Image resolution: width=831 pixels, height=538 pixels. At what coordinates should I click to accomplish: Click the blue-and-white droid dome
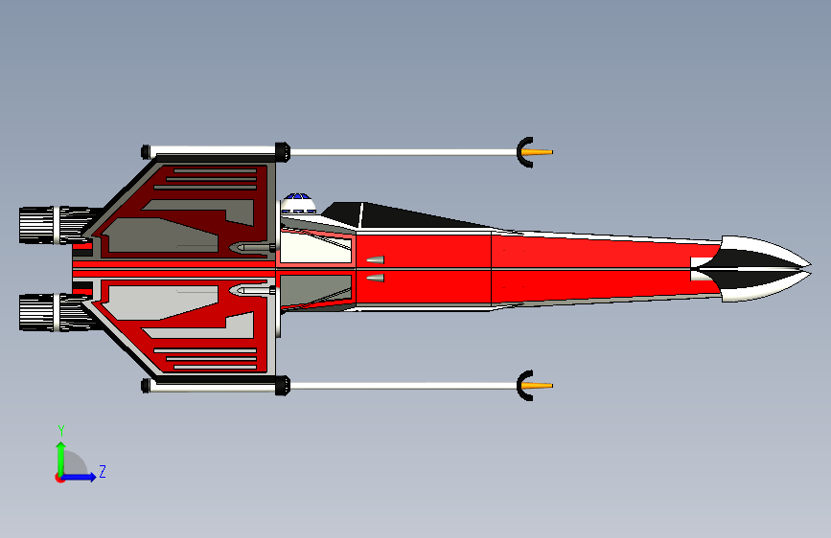(x=299, y=202)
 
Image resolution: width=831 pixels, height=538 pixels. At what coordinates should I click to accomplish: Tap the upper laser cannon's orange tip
(x=542, y=152)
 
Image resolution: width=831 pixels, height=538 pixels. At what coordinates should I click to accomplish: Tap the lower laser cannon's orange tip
(x=542, y=386)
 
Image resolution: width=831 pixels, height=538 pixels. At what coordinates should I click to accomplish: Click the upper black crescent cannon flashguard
(x=522, y=152)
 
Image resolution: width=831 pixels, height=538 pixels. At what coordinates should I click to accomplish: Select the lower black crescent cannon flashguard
(x=522, y=386)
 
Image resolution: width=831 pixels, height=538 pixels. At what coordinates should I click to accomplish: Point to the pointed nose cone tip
(x=808, y=267)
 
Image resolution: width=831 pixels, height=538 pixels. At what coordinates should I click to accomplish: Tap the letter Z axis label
(x=103, y=472)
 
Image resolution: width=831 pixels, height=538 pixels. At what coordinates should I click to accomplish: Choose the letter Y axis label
(x=61, y=431)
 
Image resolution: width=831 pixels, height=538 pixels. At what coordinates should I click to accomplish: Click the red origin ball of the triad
(x=60, y=477)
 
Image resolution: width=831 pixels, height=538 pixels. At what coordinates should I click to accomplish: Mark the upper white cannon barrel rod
(x=403, y=152)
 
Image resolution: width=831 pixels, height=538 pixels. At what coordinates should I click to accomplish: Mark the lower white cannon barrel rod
(x=403, y=386)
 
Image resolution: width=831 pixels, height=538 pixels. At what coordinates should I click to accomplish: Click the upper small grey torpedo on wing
(x=251, y=248)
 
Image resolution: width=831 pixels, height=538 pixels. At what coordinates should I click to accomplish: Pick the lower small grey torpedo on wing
(x=251, y=289)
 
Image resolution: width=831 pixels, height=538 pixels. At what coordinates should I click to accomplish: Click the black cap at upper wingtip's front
(x=283, y=151)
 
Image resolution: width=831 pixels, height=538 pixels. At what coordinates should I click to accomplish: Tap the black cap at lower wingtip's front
(x=283, y=386)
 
